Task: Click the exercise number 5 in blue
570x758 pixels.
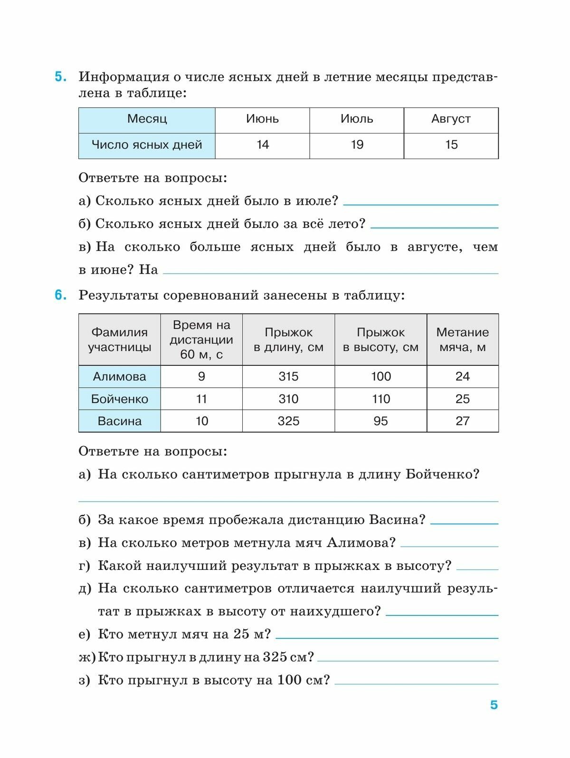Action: coord(60,77)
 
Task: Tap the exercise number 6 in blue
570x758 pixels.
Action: coord(60,295)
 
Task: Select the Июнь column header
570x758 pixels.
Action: coord(262,119)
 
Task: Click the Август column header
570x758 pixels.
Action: coord(451,119)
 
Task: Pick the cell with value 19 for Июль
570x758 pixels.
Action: coord(357,144)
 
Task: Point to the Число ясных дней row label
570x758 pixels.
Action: coord(147,144)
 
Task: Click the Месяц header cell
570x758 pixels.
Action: coord(147,119)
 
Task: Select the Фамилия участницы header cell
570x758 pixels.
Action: coord(119,339)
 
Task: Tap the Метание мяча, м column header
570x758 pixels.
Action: coord(462,339)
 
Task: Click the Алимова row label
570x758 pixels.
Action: coord(119,377)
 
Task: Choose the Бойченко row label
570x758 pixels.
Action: coord(119,399)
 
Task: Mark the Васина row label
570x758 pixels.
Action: coord(119,421)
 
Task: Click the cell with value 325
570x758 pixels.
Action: coord(288,421)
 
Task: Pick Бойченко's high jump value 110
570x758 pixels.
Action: coord(380,399)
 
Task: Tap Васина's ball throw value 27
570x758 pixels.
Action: coord(462,421)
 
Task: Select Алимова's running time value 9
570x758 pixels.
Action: coord(201,377)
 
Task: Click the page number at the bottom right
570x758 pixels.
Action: coord(494,705)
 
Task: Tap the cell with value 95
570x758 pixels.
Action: coord(380,421)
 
